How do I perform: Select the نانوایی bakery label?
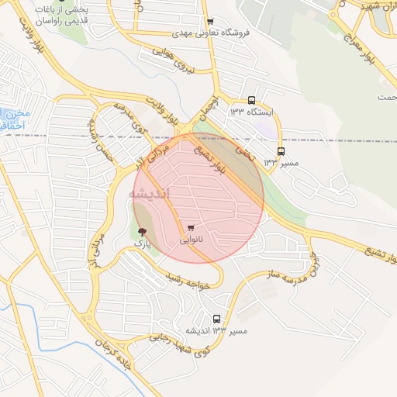click(192, 240)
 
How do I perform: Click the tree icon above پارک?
click(141, 232)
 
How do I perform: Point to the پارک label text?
click(140, 243)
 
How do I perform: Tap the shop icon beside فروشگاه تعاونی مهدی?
click(211, 22)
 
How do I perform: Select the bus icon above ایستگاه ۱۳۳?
click(251, 100)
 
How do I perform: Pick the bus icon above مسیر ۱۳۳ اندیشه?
click(216, 319)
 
